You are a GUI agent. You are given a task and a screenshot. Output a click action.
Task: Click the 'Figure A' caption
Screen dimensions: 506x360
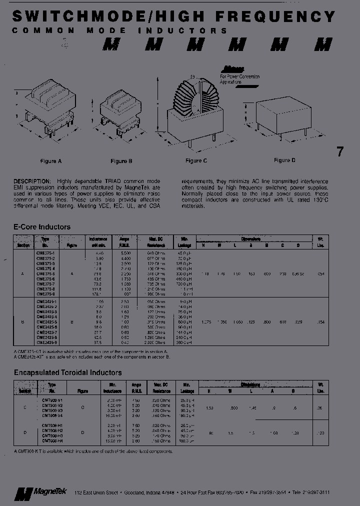pyautogui.click(x=51, y=161)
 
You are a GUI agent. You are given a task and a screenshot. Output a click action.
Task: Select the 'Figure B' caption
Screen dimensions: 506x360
pyautogui.click(x=121, y=161)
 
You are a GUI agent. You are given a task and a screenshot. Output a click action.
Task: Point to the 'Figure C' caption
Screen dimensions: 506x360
pyautogui.click(x=196, y=161)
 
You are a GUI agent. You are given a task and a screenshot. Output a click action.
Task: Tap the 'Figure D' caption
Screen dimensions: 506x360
pyautogui.click(x=284, y=160)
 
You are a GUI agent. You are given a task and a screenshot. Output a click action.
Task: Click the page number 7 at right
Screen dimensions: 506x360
pyautogui.click(x=340, y=152)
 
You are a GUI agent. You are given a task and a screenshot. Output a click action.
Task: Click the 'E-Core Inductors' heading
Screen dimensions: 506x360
pyautogui.click(x=42, y=227)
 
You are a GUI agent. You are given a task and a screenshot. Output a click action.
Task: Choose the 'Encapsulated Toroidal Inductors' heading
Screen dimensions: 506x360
pyautogui.click(x=67, y=373)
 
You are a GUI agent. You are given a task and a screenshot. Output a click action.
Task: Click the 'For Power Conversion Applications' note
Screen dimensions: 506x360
pyautogui.click(x=239, y=78)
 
